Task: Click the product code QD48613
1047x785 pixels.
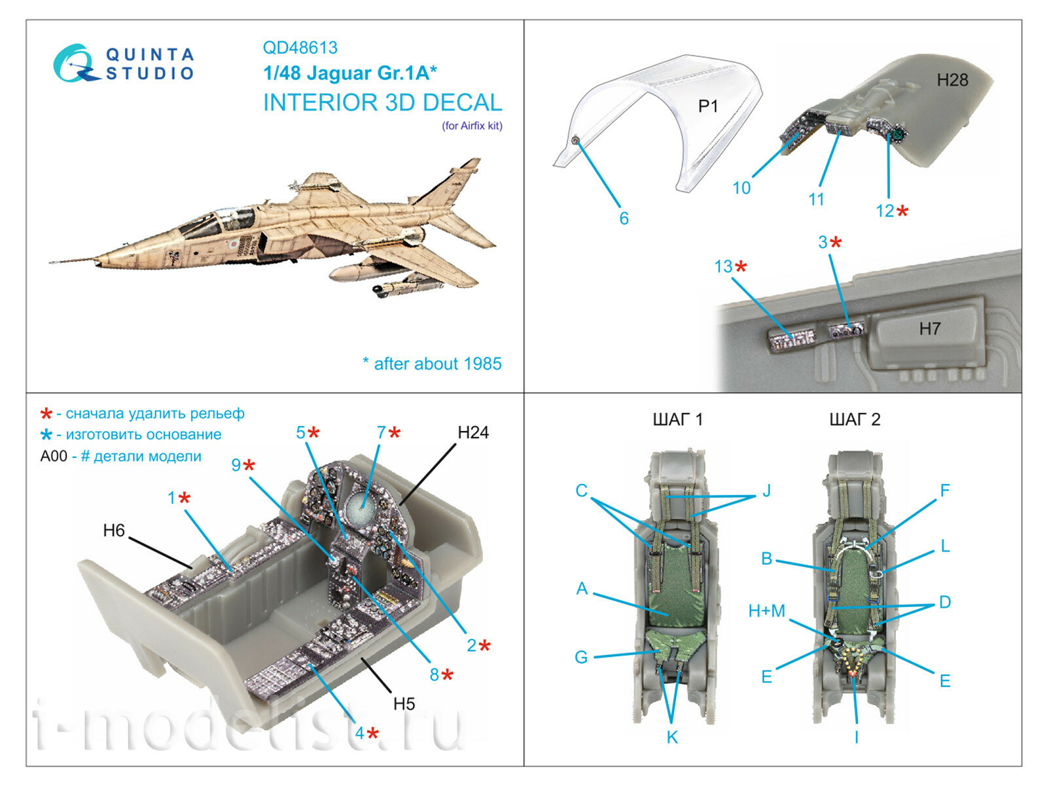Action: click(300, 48)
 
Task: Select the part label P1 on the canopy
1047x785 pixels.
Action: click(708, 106)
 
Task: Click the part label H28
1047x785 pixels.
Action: click(952, 80)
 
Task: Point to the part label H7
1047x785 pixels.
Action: click(929, 329)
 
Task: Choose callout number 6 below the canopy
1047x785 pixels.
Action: click(624, 218)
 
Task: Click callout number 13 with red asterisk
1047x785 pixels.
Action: click(723, 267)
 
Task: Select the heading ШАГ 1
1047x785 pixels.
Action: click(677, 419)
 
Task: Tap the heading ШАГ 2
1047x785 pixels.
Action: click(855, 419)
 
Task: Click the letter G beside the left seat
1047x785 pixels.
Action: click(581, 657)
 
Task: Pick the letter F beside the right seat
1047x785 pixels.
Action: click(944, 490)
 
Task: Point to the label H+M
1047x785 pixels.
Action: click(766, 611)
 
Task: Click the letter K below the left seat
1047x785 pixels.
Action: click(672, 737)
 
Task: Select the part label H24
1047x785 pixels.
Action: click(472, 432)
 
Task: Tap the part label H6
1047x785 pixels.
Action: click(114, 531)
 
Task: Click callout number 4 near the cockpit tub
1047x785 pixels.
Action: click(359, 733)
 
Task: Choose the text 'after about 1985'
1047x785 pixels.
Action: click(437, 364)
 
